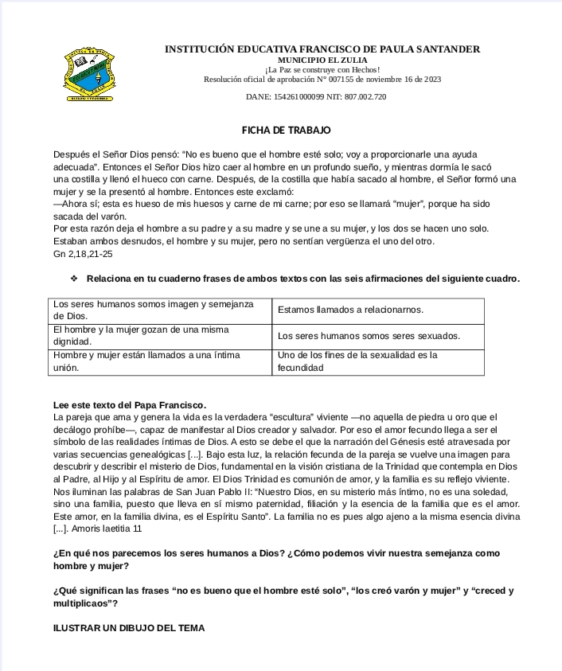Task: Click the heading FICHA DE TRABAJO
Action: click(286, 130)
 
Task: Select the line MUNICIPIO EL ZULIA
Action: click(322, 60)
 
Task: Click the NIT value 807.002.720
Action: click(365, 96)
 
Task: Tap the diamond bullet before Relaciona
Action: click(74, 279)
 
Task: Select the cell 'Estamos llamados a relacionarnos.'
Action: click(351, 310)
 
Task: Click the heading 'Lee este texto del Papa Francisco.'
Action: click(130, 404)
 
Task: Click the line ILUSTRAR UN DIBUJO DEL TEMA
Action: click(129, 628)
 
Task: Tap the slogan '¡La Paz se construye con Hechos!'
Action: click(322, 70)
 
